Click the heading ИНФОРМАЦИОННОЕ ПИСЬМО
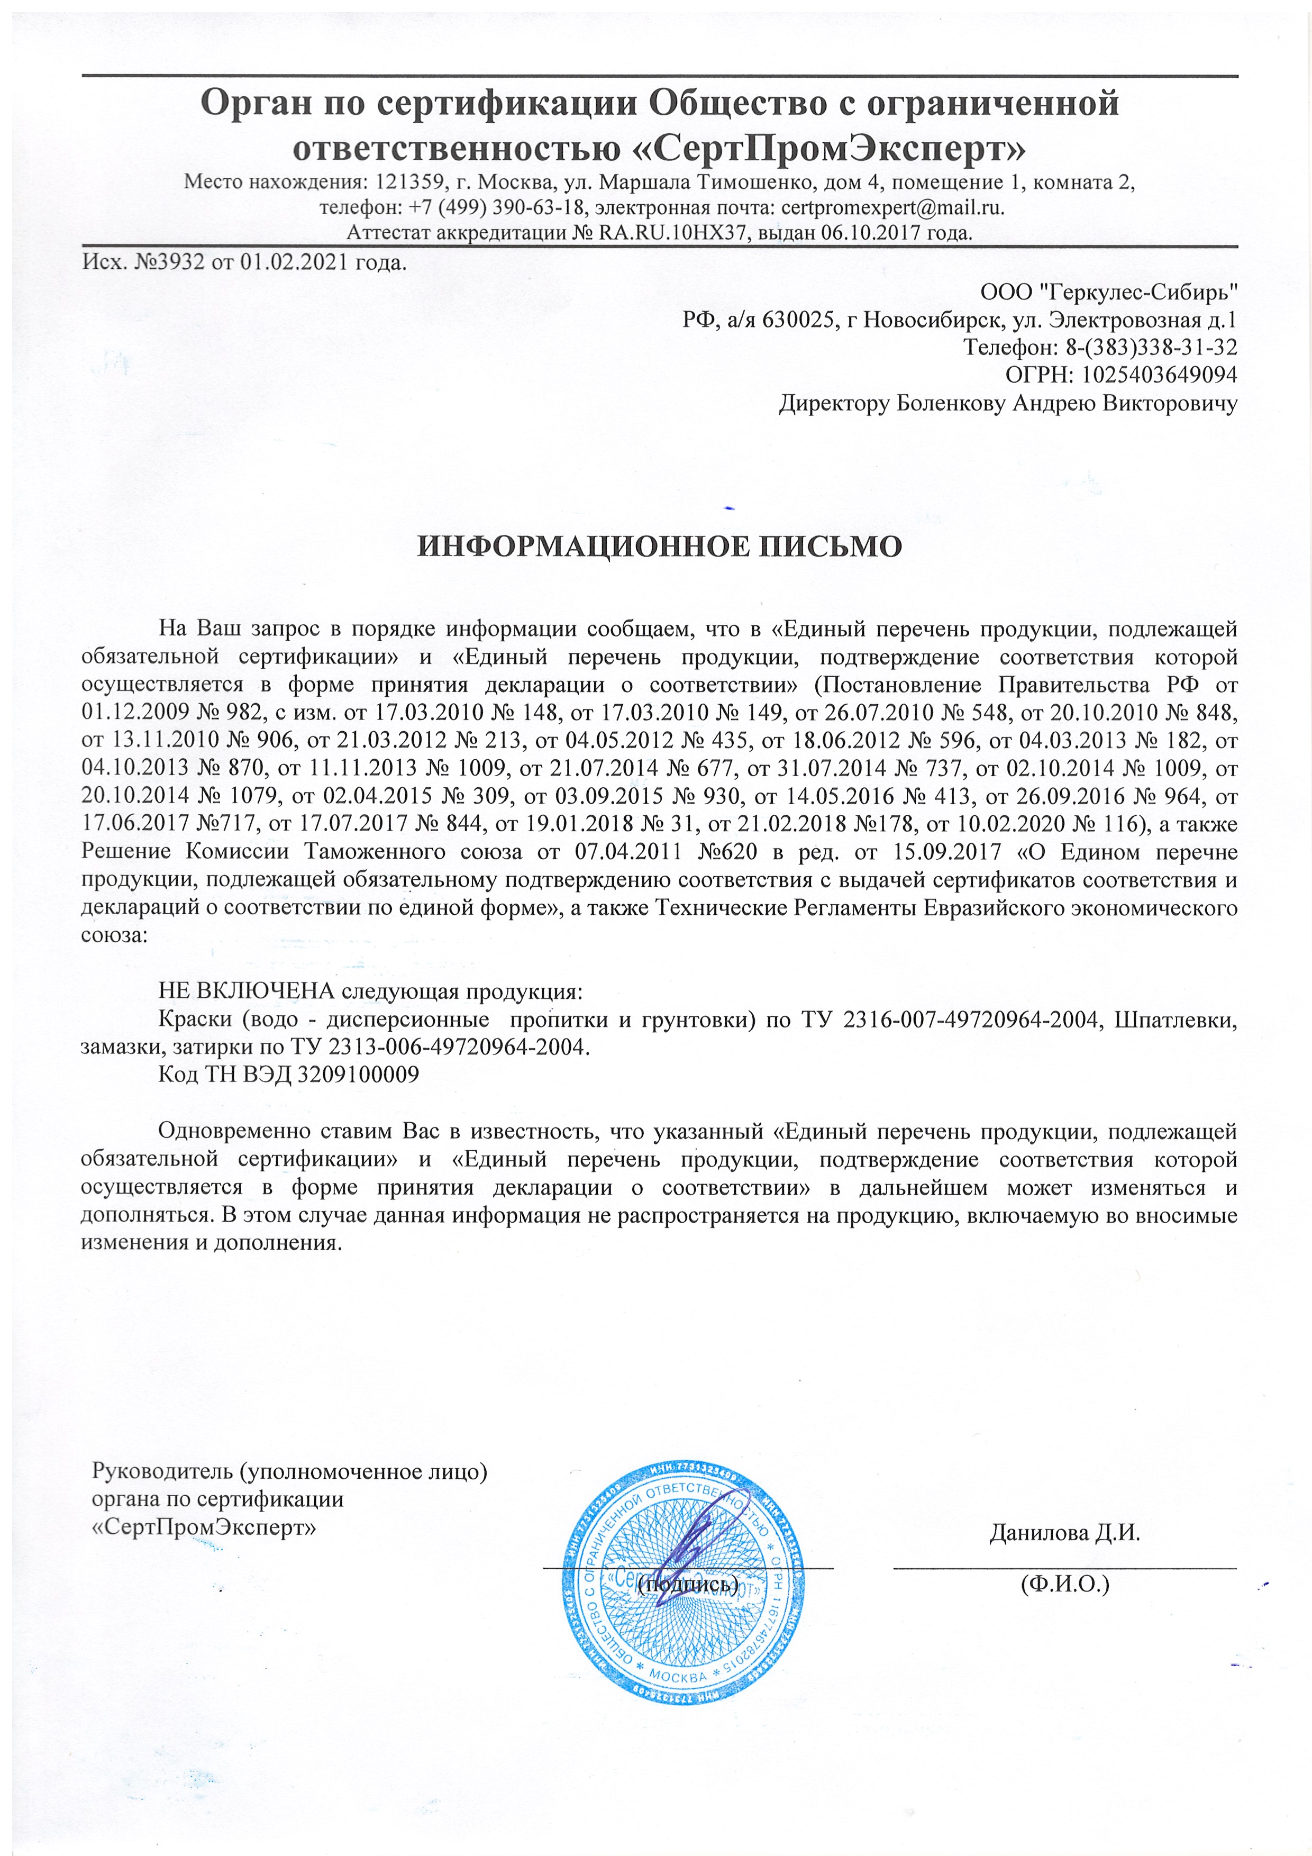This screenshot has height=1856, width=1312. pos(659,547)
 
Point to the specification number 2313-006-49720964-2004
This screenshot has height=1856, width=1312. pos(457,1047)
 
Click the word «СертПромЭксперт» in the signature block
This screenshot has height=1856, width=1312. pos(204,1527)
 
